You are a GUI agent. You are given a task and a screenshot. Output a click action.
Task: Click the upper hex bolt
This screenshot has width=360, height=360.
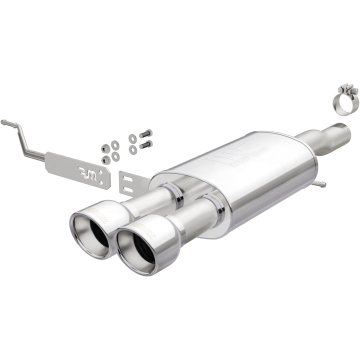coord(145,134)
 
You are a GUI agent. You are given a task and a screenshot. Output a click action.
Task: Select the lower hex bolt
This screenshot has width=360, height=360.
coord(145,144)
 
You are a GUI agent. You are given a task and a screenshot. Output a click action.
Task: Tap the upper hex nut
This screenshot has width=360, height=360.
coord(106,148)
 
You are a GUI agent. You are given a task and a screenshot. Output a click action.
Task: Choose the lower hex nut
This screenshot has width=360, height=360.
coord(106,159)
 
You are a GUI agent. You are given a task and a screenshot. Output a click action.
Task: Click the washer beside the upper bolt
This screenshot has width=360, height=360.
coord(132,138)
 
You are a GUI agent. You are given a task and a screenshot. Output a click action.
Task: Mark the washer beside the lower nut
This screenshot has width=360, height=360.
coord(116,156)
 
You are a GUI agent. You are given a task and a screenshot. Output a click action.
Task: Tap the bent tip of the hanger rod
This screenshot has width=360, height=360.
coord(4,121)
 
